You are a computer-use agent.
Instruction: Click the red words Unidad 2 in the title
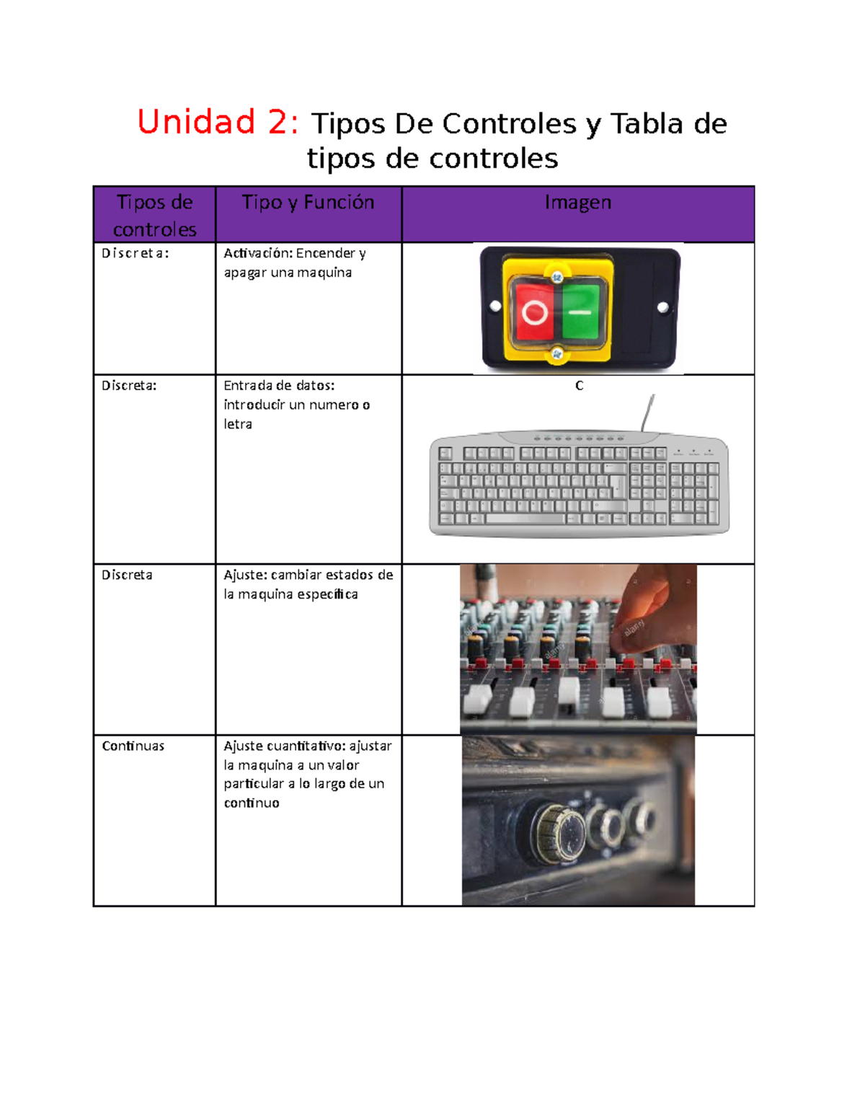(x=217, y=122)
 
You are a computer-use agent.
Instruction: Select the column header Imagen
(x=577, y=203)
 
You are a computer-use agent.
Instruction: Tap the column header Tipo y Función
(x=308, y=203)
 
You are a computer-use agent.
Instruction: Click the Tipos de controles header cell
(x=154, y=215)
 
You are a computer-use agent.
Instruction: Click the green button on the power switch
(x=580, y=312)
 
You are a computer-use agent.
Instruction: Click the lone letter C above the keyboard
(x=579, y=386)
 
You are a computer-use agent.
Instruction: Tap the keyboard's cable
(x=647, y=412)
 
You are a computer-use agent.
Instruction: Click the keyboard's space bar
(x=525, y=519)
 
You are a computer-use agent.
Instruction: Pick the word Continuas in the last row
(x=133, y=746)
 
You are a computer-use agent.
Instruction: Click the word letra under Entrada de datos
(x=238, y=424)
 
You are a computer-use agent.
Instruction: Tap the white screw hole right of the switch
(x=662, y=307)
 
